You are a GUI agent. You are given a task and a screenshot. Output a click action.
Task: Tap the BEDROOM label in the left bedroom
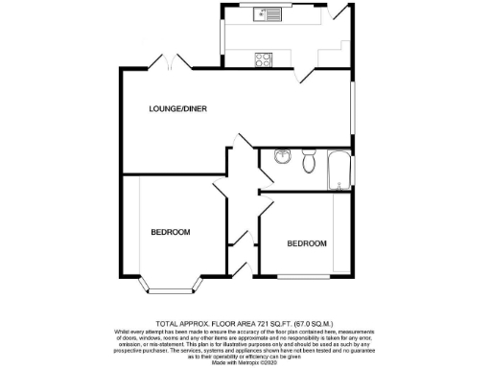click(170, 232)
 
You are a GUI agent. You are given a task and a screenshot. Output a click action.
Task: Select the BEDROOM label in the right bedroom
click(307, 243)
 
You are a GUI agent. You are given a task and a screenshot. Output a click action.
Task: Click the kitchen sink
click(266, 14)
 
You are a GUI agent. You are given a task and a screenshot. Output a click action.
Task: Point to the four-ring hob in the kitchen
click(263, 58)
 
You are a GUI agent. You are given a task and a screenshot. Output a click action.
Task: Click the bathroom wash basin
click(281, 159)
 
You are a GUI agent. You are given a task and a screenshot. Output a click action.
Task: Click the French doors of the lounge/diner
click(170, 63)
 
